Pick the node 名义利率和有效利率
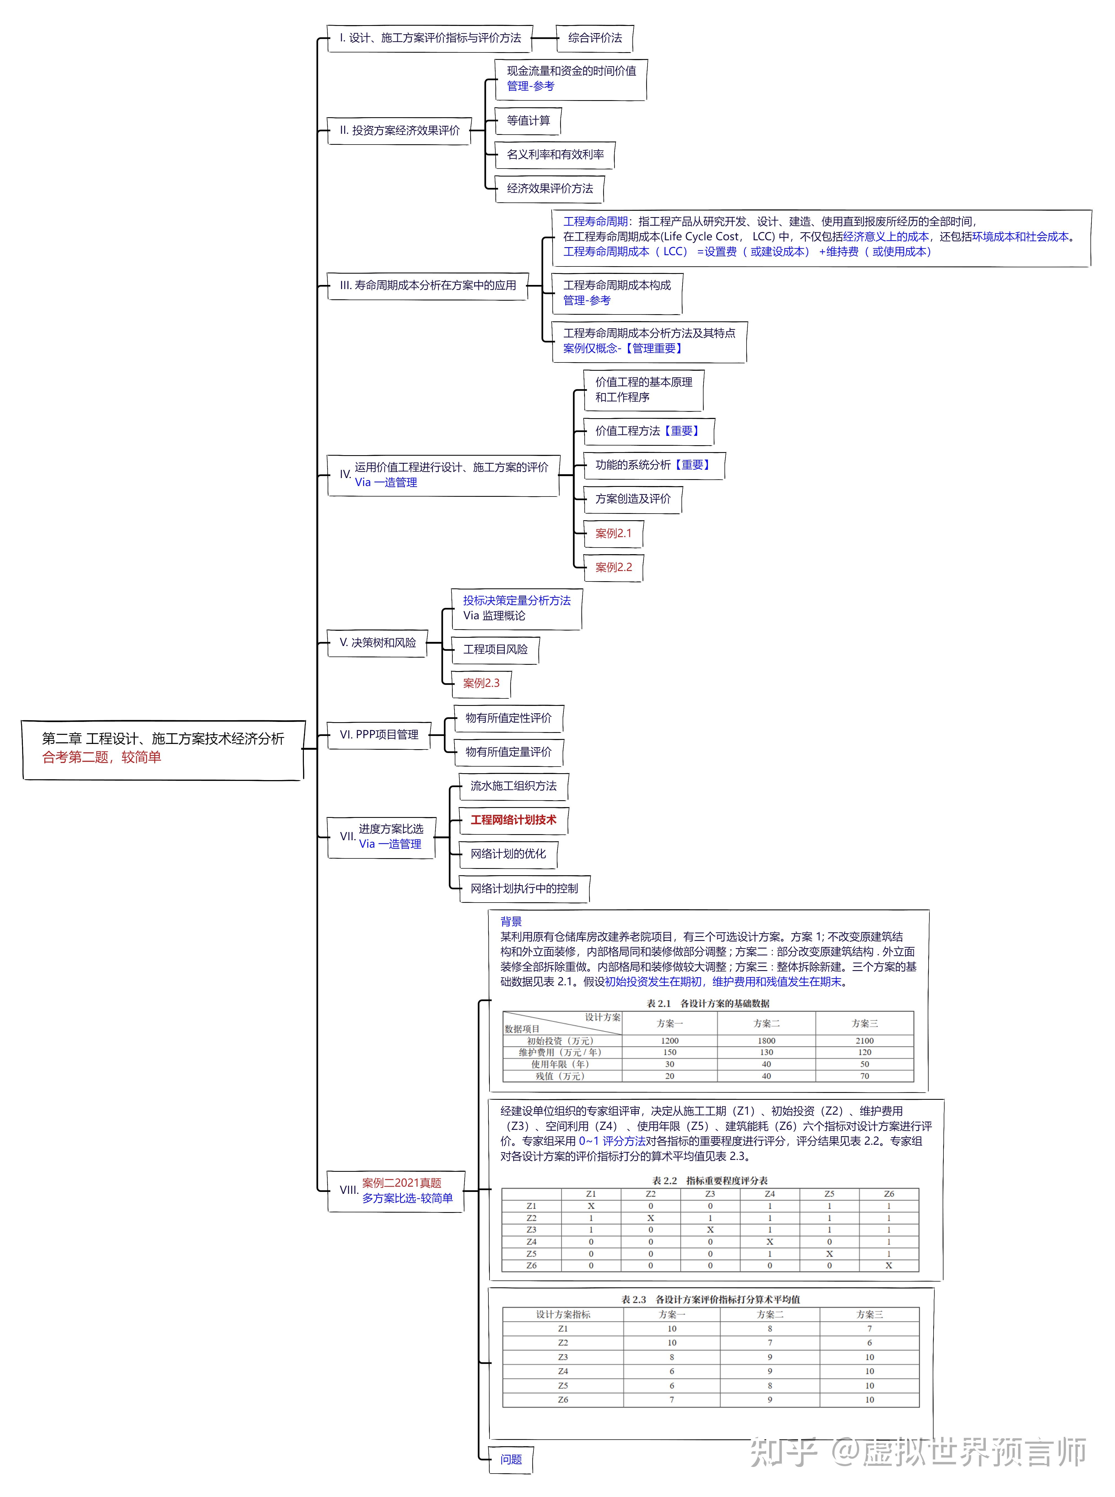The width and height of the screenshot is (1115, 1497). pos(555,154)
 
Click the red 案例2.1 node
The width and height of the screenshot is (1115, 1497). pos(613,533)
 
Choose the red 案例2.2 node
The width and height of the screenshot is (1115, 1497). pos(613,567)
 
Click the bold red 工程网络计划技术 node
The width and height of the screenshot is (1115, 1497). pos(513,820)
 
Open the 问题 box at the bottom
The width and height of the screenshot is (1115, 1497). pos(511,1459)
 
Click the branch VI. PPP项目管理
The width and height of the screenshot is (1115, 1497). pos(379,734)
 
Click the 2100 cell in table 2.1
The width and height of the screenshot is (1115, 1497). pos(864,1041)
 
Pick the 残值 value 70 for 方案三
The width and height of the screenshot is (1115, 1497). pos(864,1076)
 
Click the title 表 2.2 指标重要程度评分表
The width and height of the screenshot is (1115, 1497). pos(709,1180)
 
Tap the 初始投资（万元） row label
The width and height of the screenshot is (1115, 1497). pos(560,1041)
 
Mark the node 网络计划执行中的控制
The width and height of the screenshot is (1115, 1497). pos(524,888)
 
